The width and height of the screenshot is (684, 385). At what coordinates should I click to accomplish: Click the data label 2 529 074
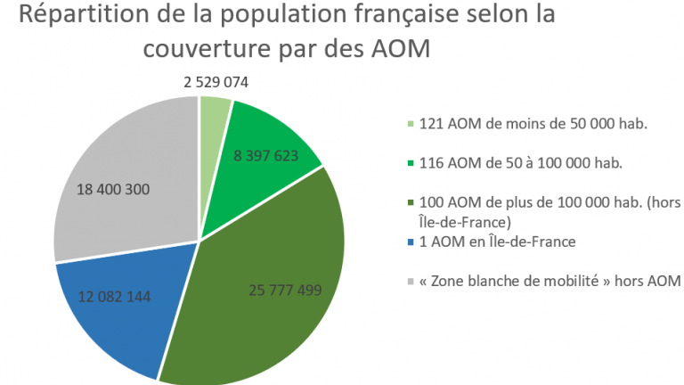click(216, 82)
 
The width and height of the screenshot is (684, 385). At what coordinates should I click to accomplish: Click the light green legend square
click(410, 125)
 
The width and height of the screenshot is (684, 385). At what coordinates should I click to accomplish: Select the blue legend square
click(410, 242)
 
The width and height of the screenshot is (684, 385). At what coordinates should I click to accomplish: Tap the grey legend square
click(410, 282)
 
